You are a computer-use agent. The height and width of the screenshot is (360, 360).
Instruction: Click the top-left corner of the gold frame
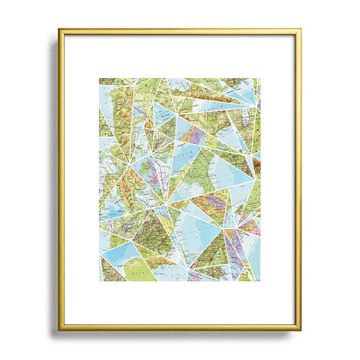point(60,31)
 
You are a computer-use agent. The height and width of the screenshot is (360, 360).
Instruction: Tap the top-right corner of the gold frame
point(300,31)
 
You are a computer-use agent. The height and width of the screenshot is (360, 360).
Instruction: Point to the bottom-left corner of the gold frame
point(60,329)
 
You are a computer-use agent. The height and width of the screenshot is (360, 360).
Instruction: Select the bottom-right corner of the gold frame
point(300,329)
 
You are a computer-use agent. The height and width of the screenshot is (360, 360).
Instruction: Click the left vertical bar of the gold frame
point(60,180)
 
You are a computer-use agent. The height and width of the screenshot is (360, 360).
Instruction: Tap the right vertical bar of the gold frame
point(300,180)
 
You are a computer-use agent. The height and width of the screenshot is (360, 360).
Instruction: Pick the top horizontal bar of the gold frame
point(180,31)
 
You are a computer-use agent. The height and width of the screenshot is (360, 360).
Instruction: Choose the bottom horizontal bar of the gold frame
point(180,328)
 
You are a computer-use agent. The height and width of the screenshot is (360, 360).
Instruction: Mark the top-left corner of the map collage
point(99,78)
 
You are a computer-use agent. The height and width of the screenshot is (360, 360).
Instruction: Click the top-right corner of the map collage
point(260,78)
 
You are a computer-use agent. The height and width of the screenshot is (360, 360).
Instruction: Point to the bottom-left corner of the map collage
point(99,280)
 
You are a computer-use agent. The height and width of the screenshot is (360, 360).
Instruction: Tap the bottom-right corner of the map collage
point(260,280)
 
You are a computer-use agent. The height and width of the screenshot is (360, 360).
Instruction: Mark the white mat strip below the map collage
point(180,304)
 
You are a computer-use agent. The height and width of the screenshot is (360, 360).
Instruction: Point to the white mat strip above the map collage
point(180,56)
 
